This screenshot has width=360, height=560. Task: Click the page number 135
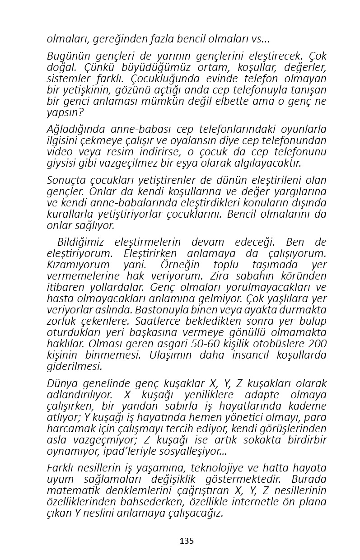187,541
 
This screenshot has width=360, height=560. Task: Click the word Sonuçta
66,181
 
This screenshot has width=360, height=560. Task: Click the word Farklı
61,468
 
